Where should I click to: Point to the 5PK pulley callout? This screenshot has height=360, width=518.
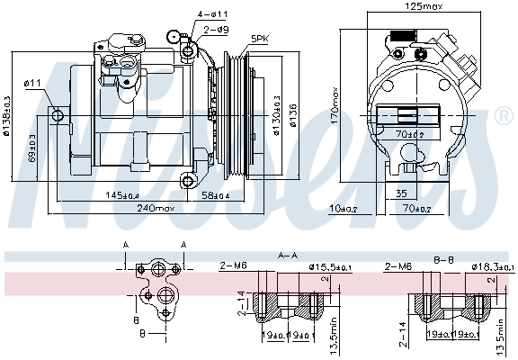(x=259, y=38)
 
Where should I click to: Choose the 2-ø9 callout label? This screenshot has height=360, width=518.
(x=216, y=30)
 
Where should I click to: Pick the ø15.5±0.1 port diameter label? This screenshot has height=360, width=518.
(x=332, y=266)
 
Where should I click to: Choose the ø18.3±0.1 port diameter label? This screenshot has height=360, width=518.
(x=486, y=266)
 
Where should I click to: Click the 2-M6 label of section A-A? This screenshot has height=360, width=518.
(x=234, y=266)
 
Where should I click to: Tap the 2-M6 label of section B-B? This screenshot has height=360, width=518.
(x=398, y=266)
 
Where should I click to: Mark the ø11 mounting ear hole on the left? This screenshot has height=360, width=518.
(x=58, y=115)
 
